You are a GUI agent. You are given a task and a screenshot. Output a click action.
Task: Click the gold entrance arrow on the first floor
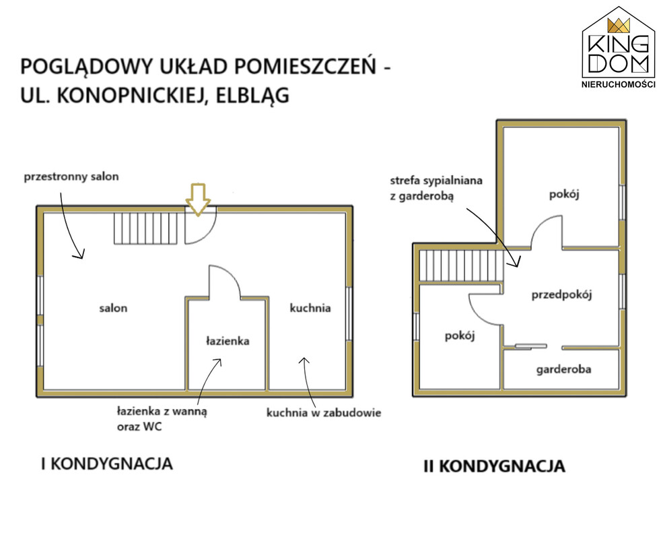[x=198, y=199]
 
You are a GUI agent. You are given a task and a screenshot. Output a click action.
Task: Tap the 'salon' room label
[x=113, y=308]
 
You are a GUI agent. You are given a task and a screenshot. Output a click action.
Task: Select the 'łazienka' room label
[x=228, y=341]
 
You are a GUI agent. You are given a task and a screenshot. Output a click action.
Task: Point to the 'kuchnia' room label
[x=310, y=308]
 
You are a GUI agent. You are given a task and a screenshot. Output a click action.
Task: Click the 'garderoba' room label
[x=563, y=370]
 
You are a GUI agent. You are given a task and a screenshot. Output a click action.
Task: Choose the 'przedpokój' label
[x=561, y=294]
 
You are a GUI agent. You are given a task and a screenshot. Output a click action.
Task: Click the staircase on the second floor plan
[x=462, y=266]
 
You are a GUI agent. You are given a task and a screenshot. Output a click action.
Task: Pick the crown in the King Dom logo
[x=619, y=26]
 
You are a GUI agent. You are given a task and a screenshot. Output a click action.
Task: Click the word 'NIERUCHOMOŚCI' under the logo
[x=619, y=84]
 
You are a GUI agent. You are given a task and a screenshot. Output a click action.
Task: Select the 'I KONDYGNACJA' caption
[x=107, y=464]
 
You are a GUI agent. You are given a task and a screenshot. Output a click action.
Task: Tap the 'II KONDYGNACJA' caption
[x=495, y=466]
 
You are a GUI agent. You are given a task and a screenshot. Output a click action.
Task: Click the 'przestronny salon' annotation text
[x=71, y=177]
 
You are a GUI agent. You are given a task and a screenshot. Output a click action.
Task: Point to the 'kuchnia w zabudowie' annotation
[x=324, y=412]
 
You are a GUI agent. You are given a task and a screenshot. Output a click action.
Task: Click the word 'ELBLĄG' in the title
[x=252, y=95]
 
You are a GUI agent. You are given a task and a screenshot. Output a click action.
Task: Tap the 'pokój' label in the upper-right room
[x=564, y=195]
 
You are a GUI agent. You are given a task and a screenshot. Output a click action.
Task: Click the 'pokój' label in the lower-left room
[x=460, y=336]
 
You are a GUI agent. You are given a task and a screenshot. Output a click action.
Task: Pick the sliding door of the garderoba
[x=530, y=346]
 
